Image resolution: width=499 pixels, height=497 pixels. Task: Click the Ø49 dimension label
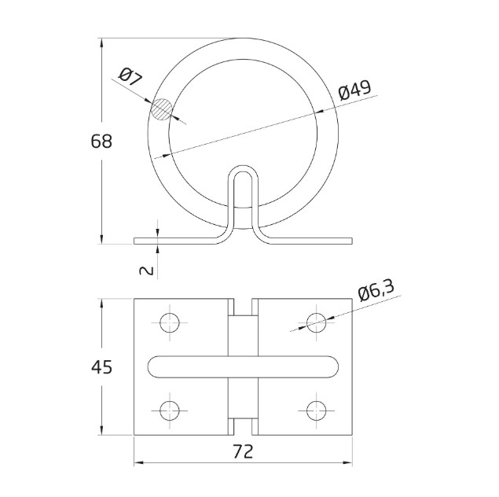pos(354,91)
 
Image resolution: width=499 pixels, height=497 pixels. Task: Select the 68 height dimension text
pos(101,142)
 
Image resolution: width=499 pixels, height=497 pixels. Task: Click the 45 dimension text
pos(101,366)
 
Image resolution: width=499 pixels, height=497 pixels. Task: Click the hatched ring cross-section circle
pos(163,109)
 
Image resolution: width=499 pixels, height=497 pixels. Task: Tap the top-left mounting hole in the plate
pos(170,322)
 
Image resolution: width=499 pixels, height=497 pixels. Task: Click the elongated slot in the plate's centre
pos(244,366)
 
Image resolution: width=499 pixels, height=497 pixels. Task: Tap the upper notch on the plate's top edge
pos(243,304)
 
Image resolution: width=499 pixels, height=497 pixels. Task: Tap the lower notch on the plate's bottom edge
pos(243,429)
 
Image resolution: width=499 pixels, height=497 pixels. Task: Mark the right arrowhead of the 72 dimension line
pos(349,462)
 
